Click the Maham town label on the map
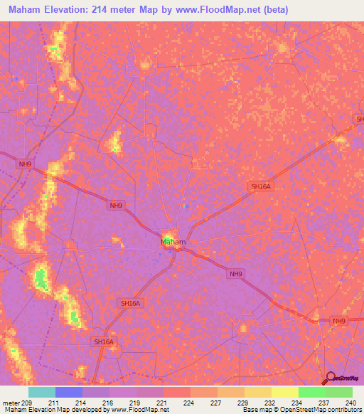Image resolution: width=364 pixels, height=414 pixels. pyautogui.click(x=173, y=242)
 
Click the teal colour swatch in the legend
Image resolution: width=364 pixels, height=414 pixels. pyautogui.click(x=41, y=392)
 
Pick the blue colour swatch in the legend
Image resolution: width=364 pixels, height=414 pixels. pyautogui.click(x=68, y=392)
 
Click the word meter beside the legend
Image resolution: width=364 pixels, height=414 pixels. pyautogui.click(x=11, y=402)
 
